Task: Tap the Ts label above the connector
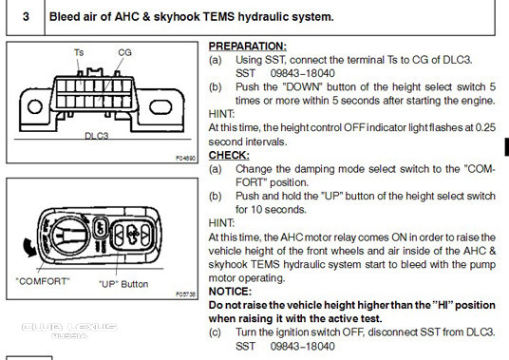(79, 53)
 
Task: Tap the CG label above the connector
(124, 53)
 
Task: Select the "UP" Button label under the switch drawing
(123, 283)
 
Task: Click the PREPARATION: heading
(246, 46)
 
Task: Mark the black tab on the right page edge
(505, 145)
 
